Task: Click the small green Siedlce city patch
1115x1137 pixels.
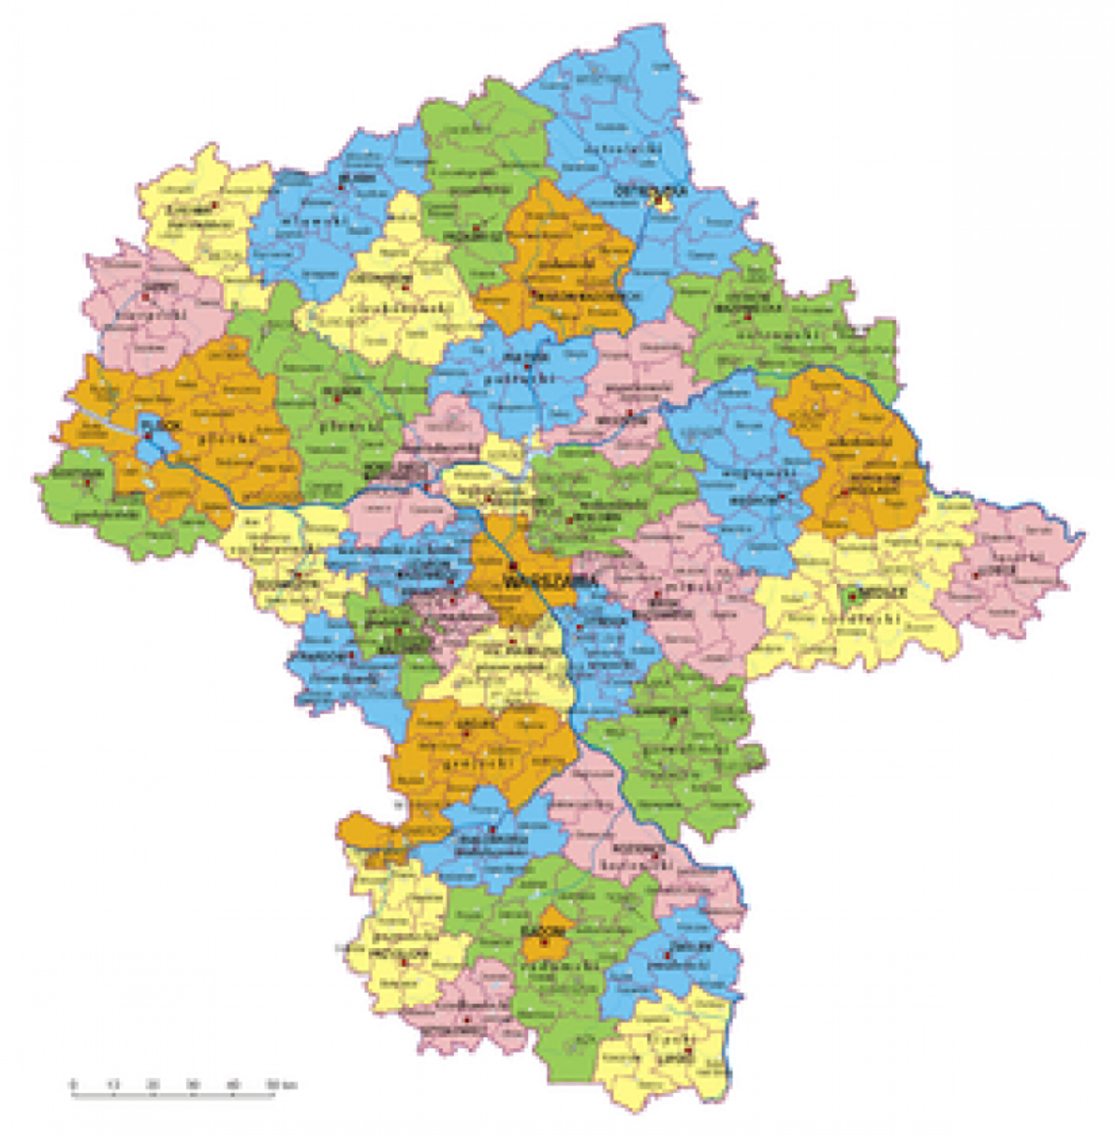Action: [851, 596]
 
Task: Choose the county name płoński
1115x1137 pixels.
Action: [349, 427]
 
